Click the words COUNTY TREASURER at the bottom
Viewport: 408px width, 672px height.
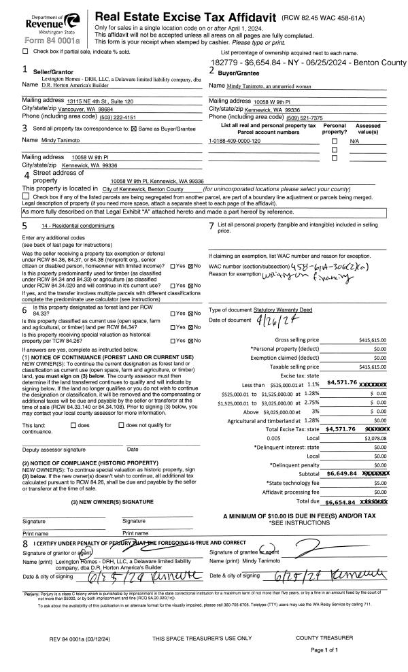[x=324, y=638]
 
